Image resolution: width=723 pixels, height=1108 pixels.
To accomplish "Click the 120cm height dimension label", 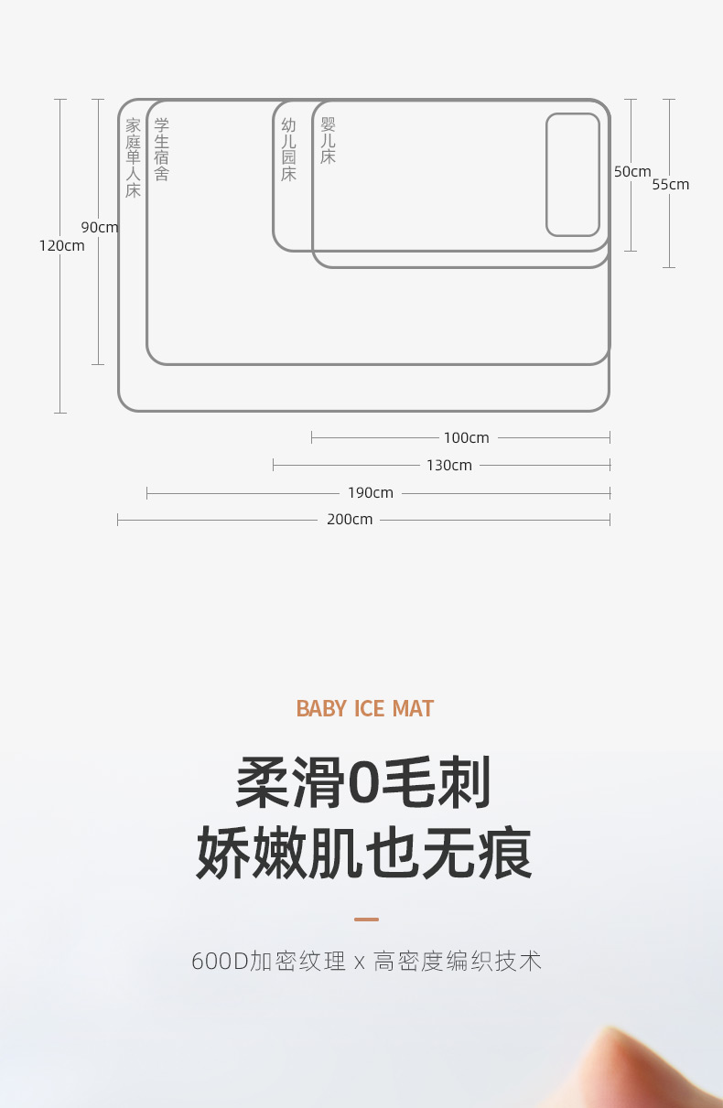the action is [61, 245].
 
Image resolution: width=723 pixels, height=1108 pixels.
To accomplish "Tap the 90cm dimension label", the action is [100, 227].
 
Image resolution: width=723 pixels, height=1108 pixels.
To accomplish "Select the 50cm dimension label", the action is [632, 171].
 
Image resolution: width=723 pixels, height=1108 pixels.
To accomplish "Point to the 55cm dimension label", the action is [671, 184].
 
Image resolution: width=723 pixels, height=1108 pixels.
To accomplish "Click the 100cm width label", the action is [467, 437].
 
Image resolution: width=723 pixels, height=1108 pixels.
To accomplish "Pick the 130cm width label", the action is [449, 465].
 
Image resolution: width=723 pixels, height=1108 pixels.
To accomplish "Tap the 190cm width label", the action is [371, 492].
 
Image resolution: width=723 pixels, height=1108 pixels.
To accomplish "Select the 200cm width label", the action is [350, 519].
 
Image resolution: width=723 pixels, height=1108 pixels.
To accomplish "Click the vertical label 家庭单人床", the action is [134, 158].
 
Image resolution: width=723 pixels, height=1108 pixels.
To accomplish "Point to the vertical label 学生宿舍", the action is [162, 149].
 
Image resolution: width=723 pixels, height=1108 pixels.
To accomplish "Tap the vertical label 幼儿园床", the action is [289, 149].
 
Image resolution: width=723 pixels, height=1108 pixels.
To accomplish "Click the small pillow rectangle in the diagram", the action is [573, 174].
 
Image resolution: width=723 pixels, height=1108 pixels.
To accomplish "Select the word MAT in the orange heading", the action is [413, 709].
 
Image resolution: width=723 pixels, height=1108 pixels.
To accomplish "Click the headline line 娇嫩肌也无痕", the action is [363, 854].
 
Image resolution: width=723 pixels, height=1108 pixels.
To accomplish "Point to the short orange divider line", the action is [366, 919].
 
